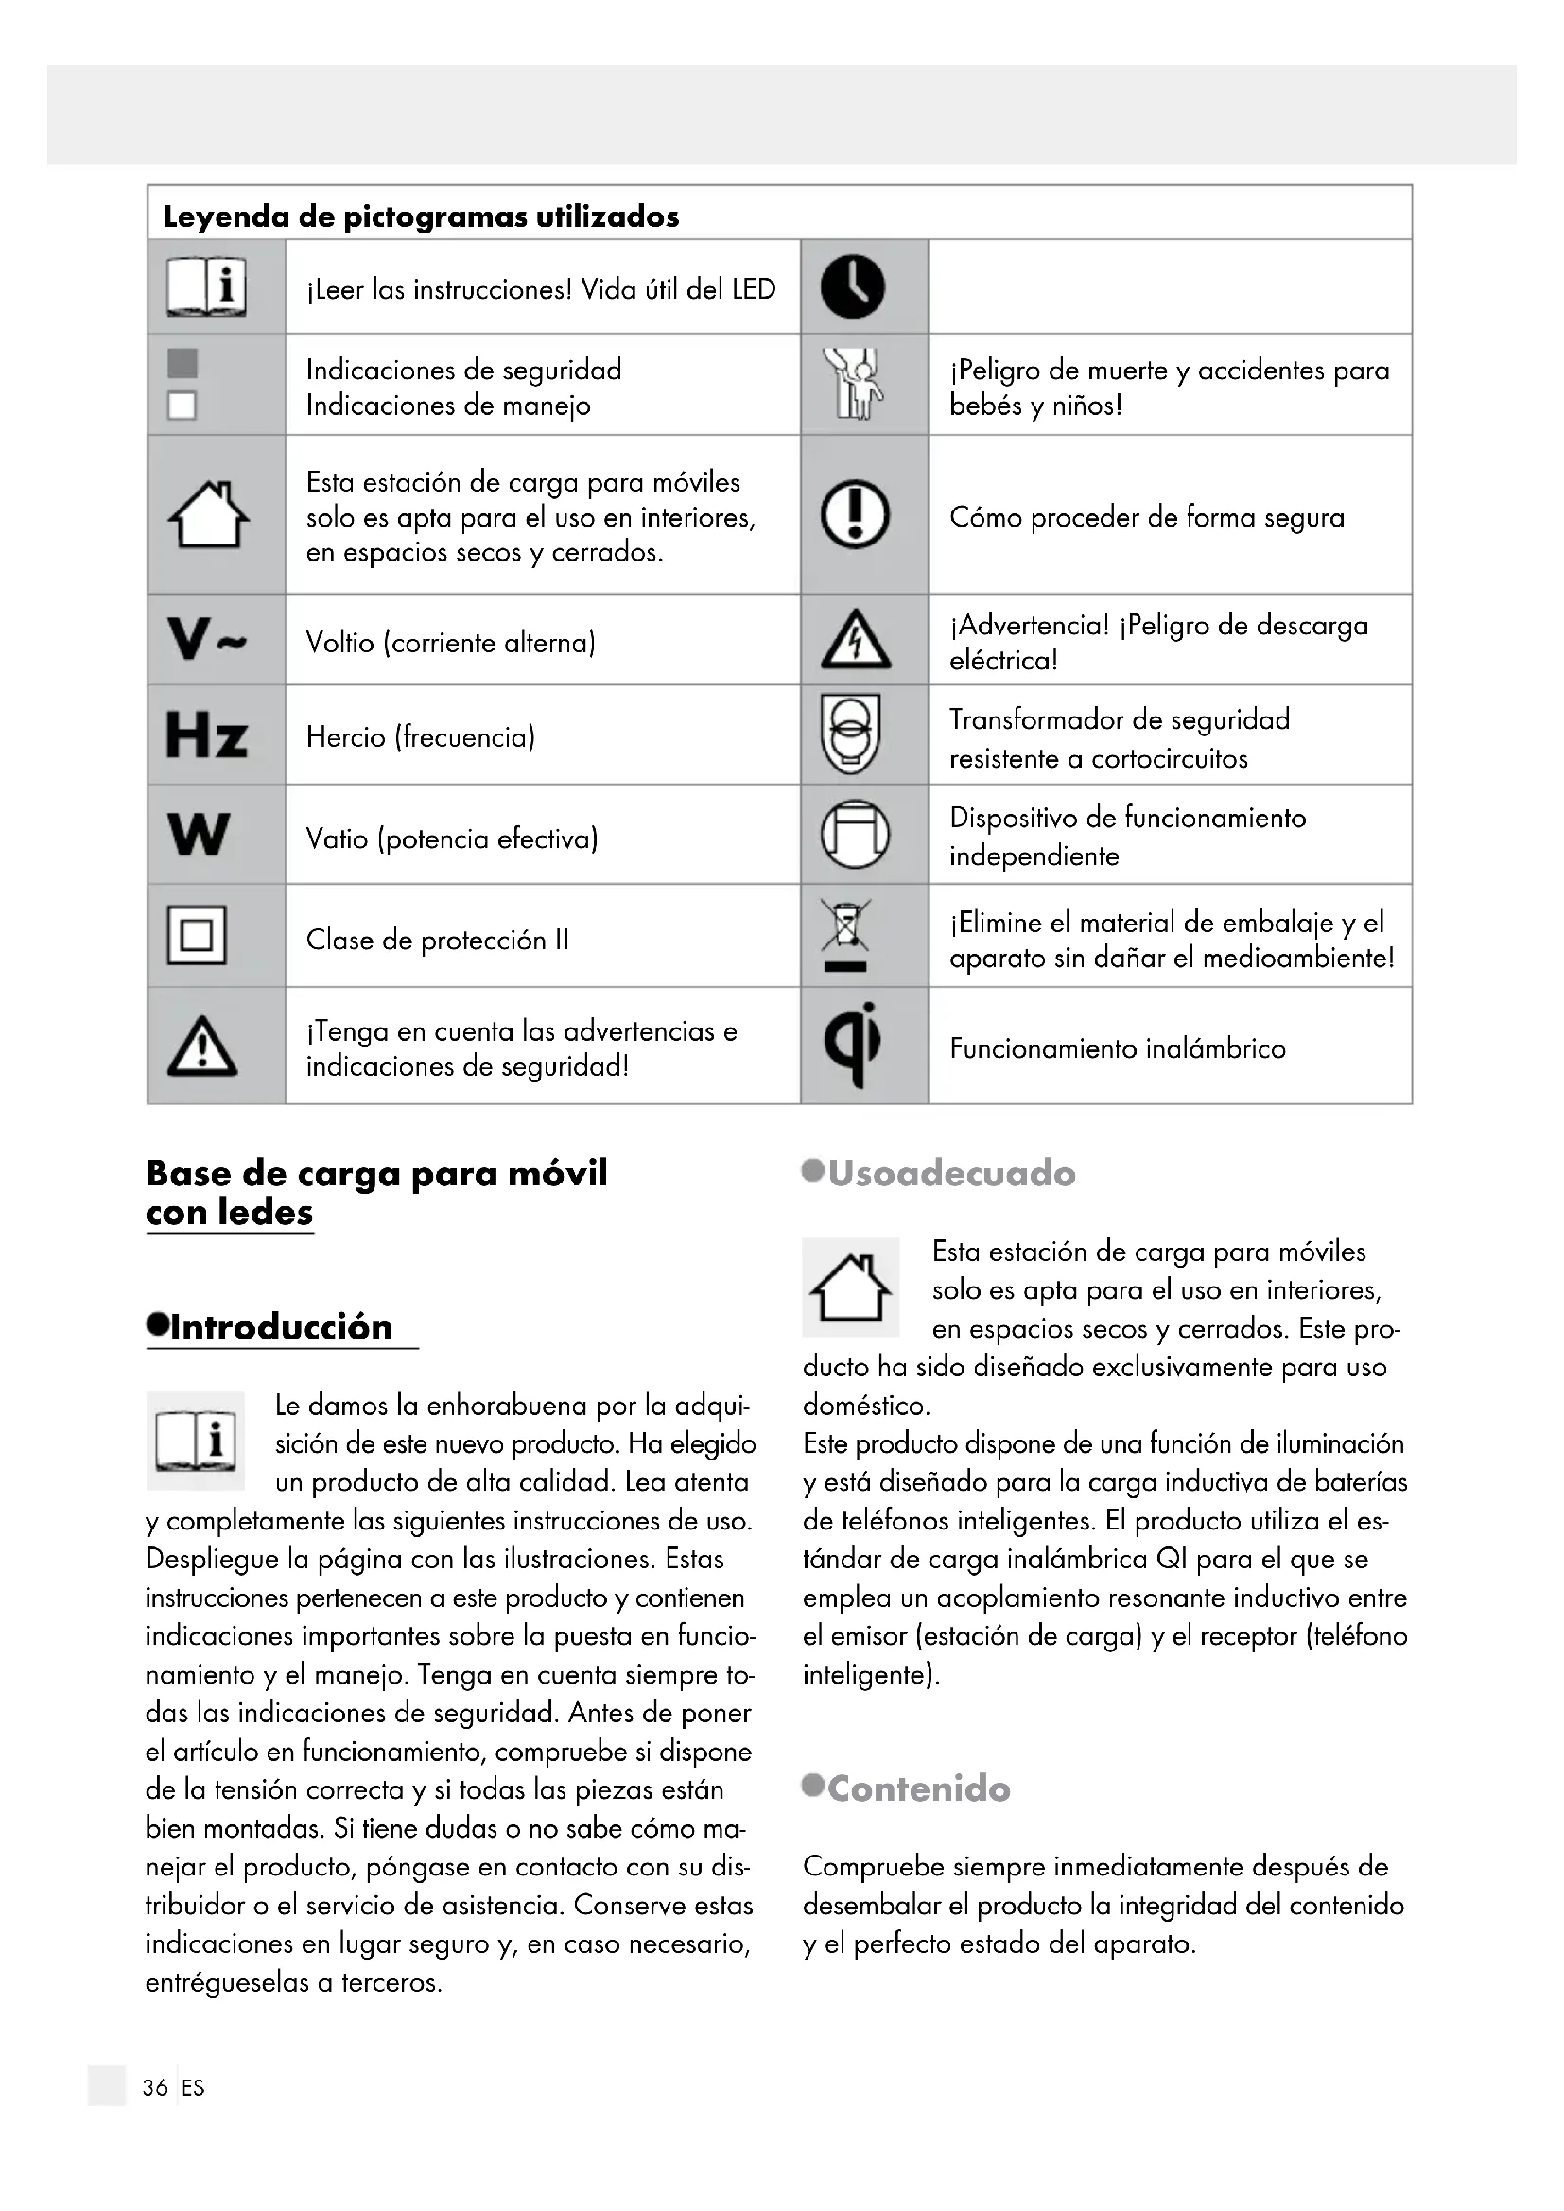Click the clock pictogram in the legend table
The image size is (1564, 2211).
click(x=852, y=287)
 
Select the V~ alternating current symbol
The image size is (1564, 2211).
click(x=206, y=638)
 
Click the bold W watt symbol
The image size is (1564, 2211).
click(x=199, y=834)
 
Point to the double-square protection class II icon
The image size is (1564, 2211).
click(x=197, y=935)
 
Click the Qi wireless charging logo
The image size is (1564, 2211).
click(x=853, y=1045)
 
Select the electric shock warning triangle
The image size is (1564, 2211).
click(x=855, y=641)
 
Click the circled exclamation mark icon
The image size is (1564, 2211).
click(x=854, y=514)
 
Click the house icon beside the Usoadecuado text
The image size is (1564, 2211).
click(x=850, y=1287)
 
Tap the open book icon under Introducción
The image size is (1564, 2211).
click(x=196, y=1441)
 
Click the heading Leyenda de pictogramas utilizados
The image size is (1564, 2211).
click(x=421, y=216)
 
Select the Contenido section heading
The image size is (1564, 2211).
click(x=918, y=1789)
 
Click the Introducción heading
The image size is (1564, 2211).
click(x=280, y=1327)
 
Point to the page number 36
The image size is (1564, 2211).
click(x=155, y=2088)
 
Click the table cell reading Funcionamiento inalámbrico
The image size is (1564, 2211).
click(x=1117, y=1047)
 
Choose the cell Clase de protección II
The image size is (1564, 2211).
click(x=437, y=940)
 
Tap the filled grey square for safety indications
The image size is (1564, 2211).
click(x=182, y=364)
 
